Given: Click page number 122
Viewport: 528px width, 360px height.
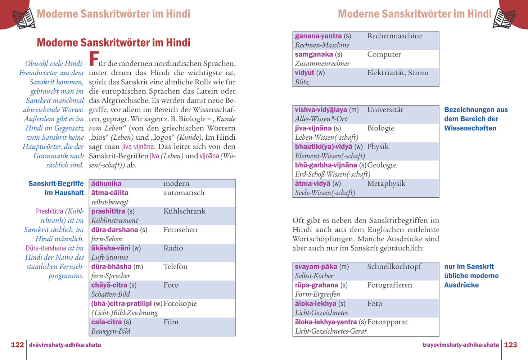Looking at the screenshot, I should [x=17, y=345].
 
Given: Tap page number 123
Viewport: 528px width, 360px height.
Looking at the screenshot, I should [x=510, y=345].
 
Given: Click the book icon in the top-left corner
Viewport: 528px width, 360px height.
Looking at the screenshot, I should [x=24, y=18].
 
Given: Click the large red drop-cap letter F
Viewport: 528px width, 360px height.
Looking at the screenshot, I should [x=94, y=59].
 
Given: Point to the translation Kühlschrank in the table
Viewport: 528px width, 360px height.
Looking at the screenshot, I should [x=184, y=211].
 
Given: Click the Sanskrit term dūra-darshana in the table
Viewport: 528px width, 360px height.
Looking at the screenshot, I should [x=114, y=230].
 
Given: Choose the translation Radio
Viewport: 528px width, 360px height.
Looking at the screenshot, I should [x=173, y=248].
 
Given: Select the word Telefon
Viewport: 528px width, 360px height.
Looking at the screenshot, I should [x=175, y=266].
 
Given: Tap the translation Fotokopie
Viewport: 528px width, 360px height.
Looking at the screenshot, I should [x=180, y=303].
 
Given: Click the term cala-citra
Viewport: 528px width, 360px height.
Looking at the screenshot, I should [x=107, y=322].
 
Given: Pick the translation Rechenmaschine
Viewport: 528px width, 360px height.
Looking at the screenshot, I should [x=394, y=36].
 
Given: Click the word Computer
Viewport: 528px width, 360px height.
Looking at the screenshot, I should [x=384, y=54].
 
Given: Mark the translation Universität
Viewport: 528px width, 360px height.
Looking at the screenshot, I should [x=385, y=110].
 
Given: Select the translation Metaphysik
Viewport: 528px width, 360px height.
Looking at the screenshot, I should [x=386, y=184].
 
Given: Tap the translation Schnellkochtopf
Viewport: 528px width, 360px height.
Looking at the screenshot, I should [x=394, y=267].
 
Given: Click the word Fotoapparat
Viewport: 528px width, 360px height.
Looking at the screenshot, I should [x=387, y=322].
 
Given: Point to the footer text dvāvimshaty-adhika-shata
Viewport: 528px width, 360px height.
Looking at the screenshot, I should [x=65, y=345].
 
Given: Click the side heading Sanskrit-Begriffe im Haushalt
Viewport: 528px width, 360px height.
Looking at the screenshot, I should [x=56, y=188].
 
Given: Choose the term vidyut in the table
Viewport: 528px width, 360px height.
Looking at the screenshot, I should [x=304, y=73].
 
